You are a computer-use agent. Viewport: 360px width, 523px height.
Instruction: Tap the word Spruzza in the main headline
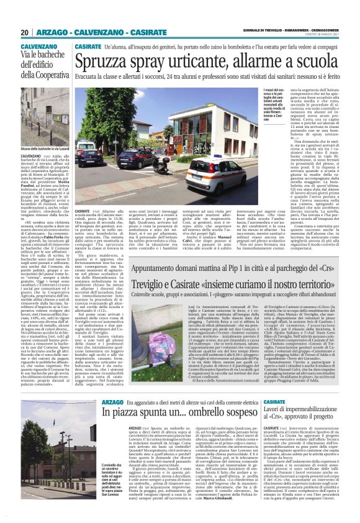click(105, 61)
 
